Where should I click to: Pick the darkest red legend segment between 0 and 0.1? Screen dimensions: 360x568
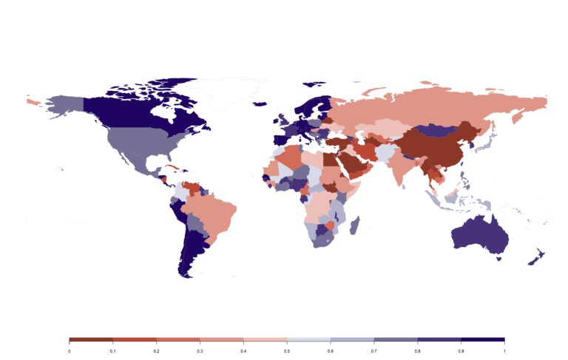point(90,339)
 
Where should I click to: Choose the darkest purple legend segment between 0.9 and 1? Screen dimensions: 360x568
point(483,339)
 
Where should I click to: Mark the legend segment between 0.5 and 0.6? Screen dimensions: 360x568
point(308,339)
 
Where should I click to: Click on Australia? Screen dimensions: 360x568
point(479,237)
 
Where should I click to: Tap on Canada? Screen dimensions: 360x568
point(141,111)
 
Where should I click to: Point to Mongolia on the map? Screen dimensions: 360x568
point(436,129)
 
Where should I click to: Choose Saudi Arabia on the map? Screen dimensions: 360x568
point(353,164)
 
